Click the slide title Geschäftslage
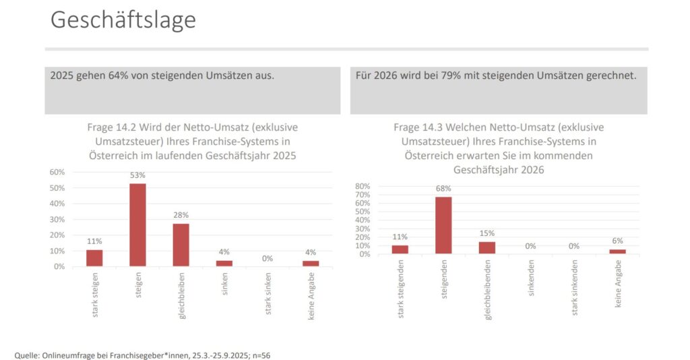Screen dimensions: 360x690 click(x=123, y=20)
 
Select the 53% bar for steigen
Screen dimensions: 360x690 click(x=138, y=224)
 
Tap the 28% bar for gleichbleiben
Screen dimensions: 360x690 click(x=181, y=245)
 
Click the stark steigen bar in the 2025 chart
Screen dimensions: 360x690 click(x=94, y=258)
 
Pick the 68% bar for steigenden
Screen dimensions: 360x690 click(x=443, y=225)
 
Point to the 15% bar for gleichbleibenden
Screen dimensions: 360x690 click(x=487, y=247)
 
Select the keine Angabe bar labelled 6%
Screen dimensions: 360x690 click(x=618, y=251)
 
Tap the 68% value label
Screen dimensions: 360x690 click(x=444, y=189)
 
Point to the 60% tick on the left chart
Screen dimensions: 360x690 click(x=57, y=172)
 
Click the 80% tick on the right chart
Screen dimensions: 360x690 click(x=363, y=186)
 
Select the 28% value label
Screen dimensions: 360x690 click(x=181, y=216)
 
